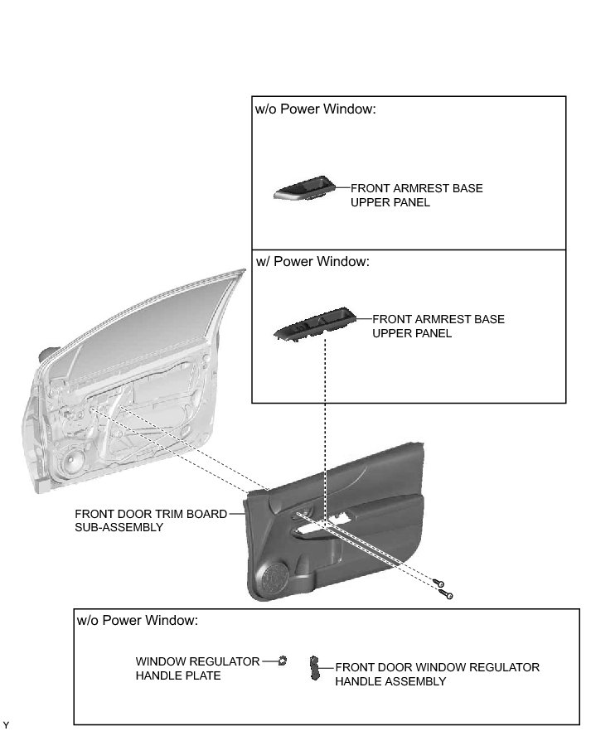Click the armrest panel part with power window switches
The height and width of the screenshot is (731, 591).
point(315,326)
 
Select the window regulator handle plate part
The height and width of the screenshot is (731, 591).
point(283,661)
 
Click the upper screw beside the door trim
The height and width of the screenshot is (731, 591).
point(439,583)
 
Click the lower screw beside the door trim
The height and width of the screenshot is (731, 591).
point(448,593)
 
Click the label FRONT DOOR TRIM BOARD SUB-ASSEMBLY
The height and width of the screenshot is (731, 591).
point(150,520)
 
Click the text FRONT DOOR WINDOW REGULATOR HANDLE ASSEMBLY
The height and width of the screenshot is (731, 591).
point(437,674)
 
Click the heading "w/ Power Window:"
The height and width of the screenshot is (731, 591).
point(312,262)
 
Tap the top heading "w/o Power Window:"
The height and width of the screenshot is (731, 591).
point(315,109)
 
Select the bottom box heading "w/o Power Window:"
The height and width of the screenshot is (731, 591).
point(137,620)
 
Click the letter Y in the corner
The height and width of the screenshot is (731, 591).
point(7,724)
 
